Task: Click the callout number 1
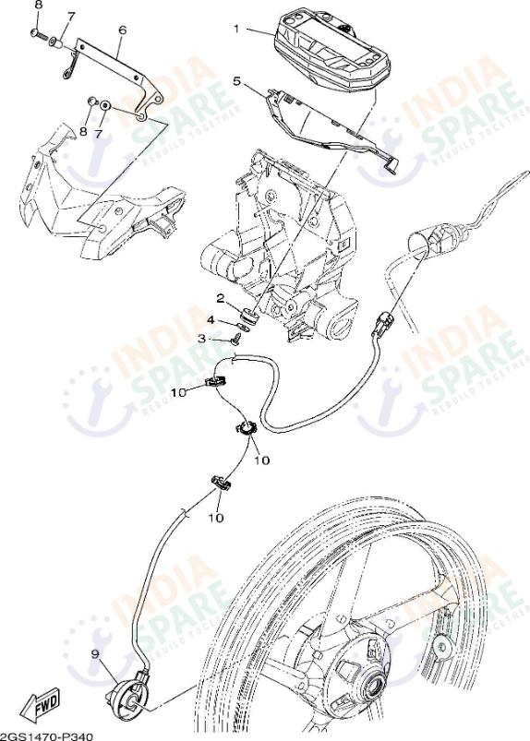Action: (237, 29)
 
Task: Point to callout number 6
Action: (123, 30)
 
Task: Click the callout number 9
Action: (95, 654)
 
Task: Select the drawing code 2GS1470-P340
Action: (46, 736)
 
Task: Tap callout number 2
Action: (221, 298)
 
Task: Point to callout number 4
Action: (211, 320)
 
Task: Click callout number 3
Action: (202, 339)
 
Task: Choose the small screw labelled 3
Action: (236, 338)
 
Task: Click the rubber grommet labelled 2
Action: (248, 316)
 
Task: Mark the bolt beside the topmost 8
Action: (39, 34)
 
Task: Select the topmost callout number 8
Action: (39, 6)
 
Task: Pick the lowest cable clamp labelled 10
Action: (220, 484)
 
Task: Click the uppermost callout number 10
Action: (180, 392)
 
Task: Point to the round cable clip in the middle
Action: (246, 429)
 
